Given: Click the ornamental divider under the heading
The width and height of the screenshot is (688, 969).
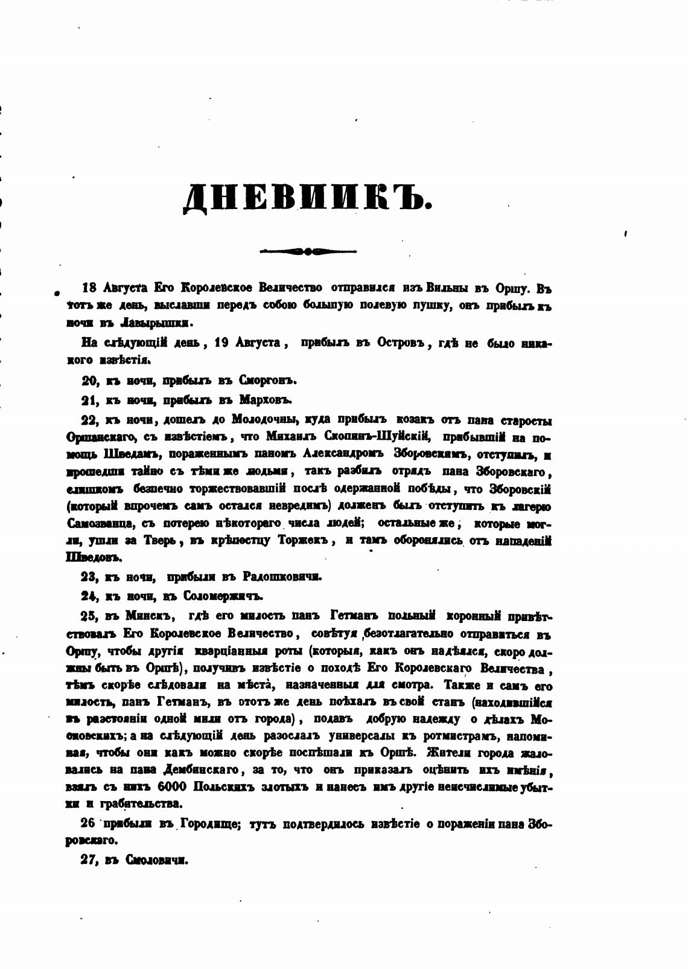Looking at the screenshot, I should coord(307,251).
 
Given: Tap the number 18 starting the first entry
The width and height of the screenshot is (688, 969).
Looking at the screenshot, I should coord(89,287).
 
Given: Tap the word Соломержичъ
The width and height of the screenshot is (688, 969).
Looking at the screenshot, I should coord(227,596).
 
